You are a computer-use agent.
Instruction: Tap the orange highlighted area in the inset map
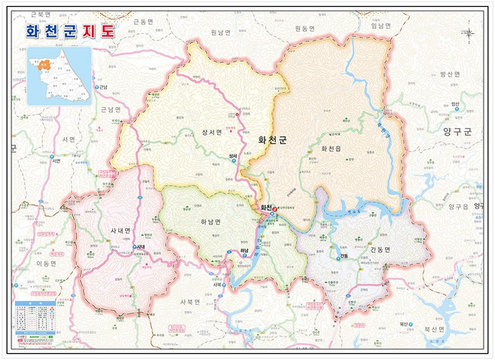click(x=44, y=65)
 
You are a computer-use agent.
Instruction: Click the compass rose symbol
click(x=472, y=32)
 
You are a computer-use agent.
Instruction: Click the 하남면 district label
click(x=212, y=222)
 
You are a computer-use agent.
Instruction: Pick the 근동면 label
click(x=142, y=22)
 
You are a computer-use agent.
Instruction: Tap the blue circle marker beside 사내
click(x=135, y=247)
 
